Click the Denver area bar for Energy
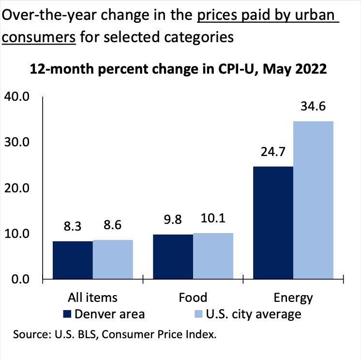(273, 223)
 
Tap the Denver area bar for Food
(173, 257)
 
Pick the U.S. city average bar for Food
(213, 256)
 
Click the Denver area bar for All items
(73, 260)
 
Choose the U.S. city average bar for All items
(113, 260)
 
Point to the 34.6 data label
(313, 105)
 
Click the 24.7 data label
(273, 152)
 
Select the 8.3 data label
(73, 226)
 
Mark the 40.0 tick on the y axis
(17, 97)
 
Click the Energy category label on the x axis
(293, 297)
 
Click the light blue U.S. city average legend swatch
(198, 314)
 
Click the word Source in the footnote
(31, 334)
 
